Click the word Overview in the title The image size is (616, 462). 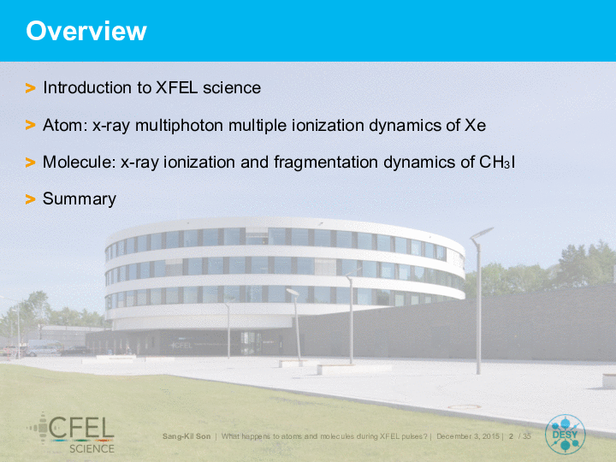tap(86, 31)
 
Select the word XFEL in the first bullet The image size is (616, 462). tap(176, 87)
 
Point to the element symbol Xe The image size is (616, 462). tap(476, 125)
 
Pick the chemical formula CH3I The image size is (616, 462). tap(497, 162)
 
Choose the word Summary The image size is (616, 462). tap(80, 199)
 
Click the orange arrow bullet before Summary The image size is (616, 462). tap(30, 199)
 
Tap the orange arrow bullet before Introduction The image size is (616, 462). tap(30, 88)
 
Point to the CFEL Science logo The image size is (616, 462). tap(71, 433)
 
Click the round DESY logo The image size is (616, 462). tap(565, 435)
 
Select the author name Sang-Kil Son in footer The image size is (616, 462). tap(187, 436)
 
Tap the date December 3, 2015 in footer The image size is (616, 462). tap(468, 436)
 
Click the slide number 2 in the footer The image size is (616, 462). tap(511, 436)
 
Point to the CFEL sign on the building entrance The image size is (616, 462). tap(181, 346)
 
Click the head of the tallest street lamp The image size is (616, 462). tap(482, 233)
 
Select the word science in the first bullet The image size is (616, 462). tap(232, 87)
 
